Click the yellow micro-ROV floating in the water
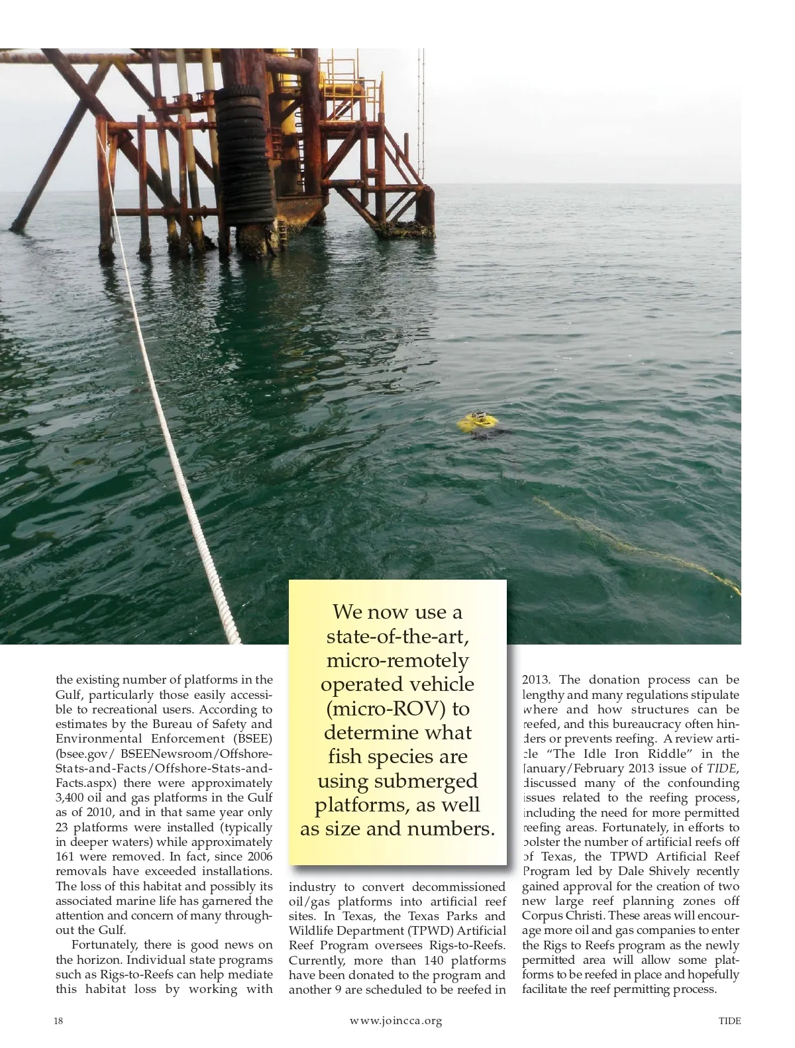[x=479, y=422]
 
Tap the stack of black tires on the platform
[x=250, y=152]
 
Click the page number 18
[x=58, y=1021]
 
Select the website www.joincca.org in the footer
[x=396, y=1021]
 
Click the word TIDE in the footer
[x=729, y=1021]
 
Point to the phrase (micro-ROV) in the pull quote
[x=398, y=708]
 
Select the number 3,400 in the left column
[x=70, y=798]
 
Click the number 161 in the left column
[x=66, y=857]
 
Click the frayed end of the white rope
[x=233, y=633]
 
